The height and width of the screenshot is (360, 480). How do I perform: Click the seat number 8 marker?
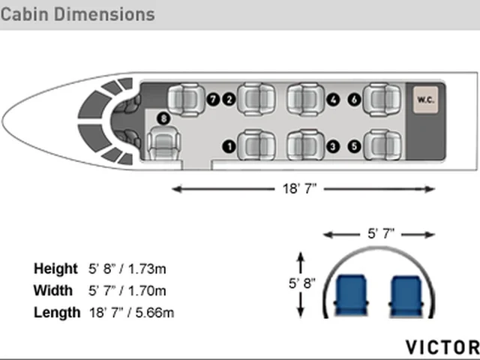[163, 118]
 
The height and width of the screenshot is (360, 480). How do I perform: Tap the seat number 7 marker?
[213, 100]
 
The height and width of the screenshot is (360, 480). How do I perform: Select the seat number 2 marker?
[229, 100]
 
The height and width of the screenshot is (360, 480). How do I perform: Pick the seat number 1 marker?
[229, 146]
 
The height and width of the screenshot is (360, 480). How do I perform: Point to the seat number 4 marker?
[333, 100]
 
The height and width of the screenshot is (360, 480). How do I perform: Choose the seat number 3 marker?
[333, 146]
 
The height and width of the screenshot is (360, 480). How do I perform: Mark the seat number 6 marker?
[355, 100]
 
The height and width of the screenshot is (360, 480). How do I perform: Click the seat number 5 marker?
[355, 146]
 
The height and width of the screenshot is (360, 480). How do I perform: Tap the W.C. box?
[425, 100]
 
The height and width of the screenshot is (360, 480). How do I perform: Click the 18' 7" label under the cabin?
[299, 188]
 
